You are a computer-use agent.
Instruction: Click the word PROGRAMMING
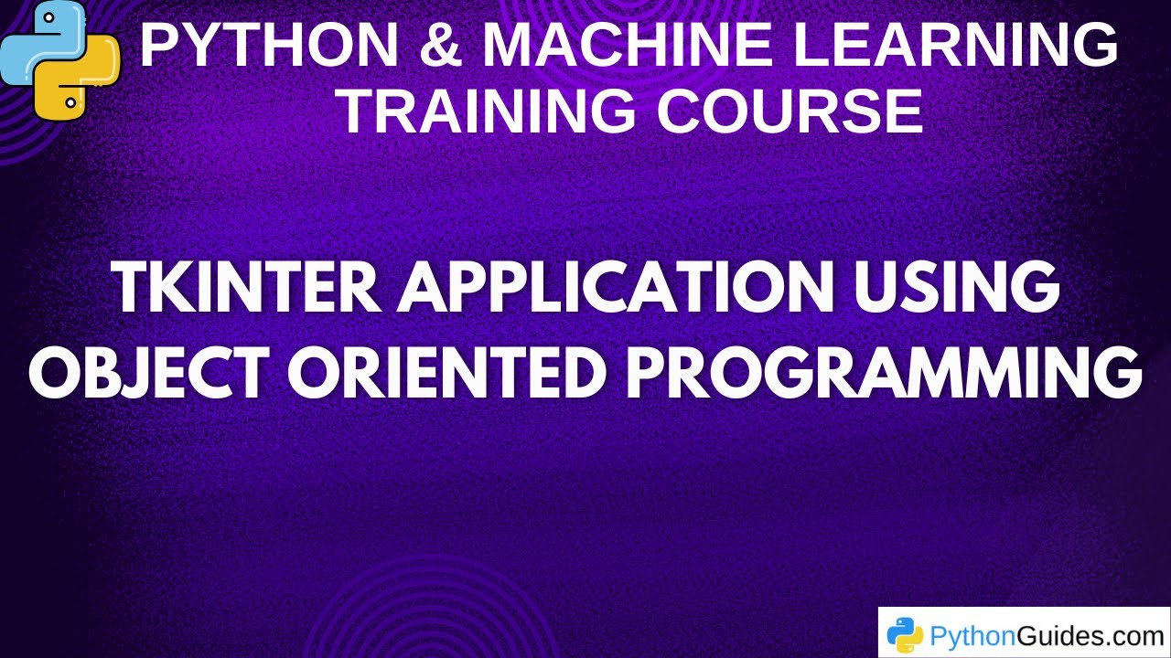point(884,373)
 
